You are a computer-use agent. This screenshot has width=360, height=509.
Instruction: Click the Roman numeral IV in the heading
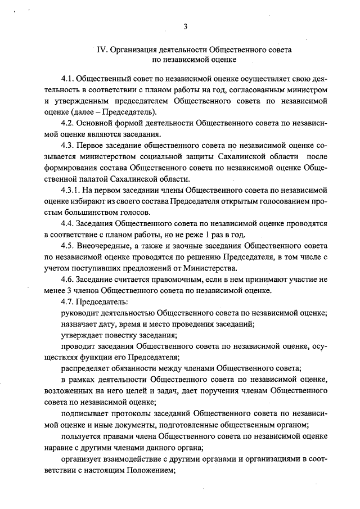[102, 49]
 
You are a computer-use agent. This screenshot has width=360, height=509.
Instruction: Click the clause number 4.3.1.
[71, 190]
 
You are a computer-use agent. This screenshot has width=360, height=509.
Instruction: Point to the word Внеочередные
[106, 246]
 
